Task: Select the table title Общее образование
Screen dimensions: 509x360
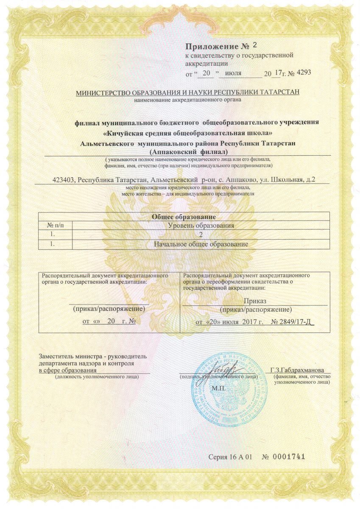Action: (184, 217)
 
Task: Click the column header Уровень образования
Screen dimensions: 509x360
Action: (201, 225)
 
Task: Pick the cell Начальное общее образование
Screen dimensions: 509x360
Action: (201, 244)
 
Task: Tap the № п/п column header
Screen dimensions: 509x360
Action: (56, 225)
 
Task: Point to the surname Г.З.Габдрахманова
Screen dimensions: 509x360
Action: (300, 369)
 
